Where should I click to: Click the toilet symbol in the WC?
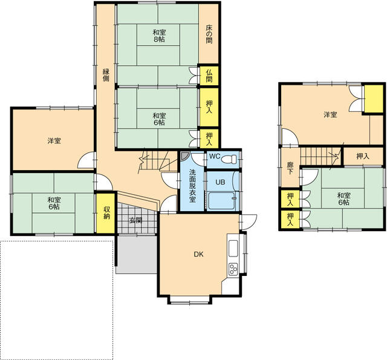[229, 159]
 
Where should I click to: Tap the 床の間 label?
[209, 34]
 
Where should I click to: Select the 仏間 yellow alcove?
[209, 76]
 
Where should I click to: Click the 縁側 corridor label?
[106, 75]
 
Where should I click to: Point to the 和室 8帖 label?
[159, 36]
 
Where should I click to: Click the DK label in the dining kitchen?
[198, 254]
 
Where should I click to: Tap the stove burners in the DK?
[233, 269]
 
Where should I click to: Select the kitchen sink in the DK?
[233, 249]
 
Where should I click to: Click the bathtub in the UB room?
[223, 201]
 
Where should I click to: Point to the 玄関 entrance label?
[135, 220]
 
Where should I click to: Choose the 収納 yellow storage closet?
[106, 213]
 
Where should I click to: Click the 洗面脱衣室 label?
[192, 186]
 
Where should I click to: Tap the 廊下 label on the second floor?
[290, 168]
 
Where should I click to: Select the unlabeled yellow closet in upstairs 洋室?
[374, 99]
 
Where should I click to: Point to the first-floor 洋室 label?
[54, 141]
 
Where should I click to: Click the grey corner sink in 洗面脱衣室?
[184, 156]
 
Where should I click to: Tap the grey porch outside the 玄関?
[137, 255]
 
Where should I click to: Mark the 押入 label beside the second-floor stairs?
[363, 156]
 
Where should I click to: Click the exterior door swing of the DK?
[248, 221]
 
